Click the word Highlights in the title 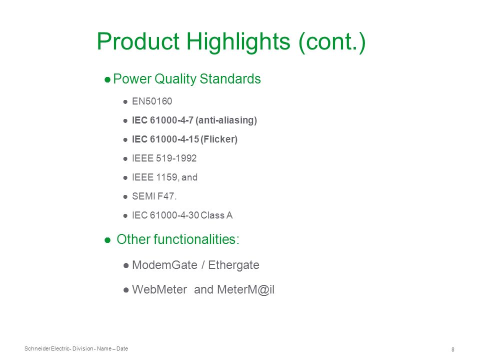point(238,42)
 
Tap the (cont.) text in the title point(332,42)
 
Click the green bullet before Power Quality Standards point(107,80)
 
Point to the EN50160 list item point(152,101)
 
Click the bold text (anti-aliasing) point(226,120)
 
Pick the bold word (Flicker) point(219,139)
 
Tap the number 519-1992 point(176,158)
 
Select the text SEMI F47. point(154,196)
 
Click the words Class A point(216,215)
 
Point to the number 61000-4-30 point(174,215)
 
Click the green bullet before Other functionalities point(107,240)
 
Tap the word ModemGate point(164,265)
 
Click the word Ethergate point(233,265)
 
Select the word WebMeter point(159,289)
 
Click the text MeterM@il point(246,289)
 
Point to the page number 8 point(453,349)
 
